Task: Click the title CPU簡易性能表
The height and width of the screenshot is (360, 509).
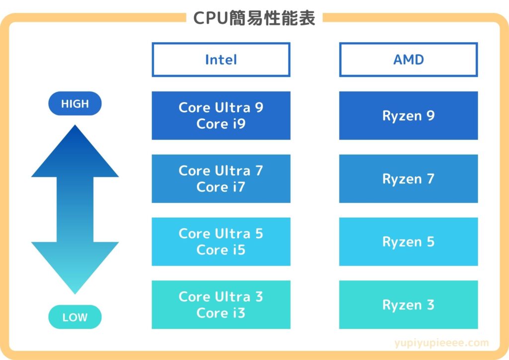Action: pos(254,18)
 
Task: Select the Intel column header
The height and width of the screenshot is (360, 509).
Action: pos(221,60)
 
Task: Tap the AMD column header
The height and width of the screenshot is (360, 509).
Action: pos(408,60)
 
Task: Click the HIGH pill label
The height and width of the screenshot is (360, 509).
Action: pos(75,104)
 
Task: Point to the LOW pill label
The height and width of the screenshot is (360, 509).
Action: pos(75,317)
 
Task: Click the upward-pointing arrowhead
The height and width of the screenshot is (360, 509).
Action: pos(75,152)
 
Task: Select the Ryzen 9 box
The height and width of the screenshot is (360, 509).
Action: pos(408,115)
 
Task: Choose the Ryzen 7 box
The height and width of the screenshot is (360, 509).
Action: pos(408,179)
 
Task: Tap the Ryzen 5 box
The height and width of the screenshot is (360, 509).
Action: pos(408,242)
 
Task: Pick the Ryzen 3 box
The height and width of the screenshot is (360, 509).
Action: pos(408,305)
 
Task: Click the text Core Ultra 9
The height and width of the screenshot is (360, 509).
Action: pos(221,107)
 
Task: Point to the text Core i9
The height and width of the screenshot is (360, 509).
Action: pos(221,124)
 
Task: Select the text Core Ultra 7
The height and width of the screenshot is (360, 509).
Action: pos(221,171)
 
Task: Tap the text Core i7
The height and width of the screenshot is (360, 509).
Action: pos(221,187)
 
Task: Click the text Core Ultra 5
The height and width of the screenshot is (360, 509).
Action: pos(221,234)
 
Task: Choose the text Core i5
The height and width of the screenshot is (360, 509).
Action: pos(221,250)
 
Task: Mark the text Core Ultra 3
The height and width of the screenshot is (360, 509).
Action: pos(221,297)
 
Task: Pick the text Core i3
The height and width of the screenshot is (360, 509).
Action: pos(221,313)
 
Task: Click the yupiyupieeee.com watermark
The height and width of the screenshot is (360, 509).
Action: pos(441,343)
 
